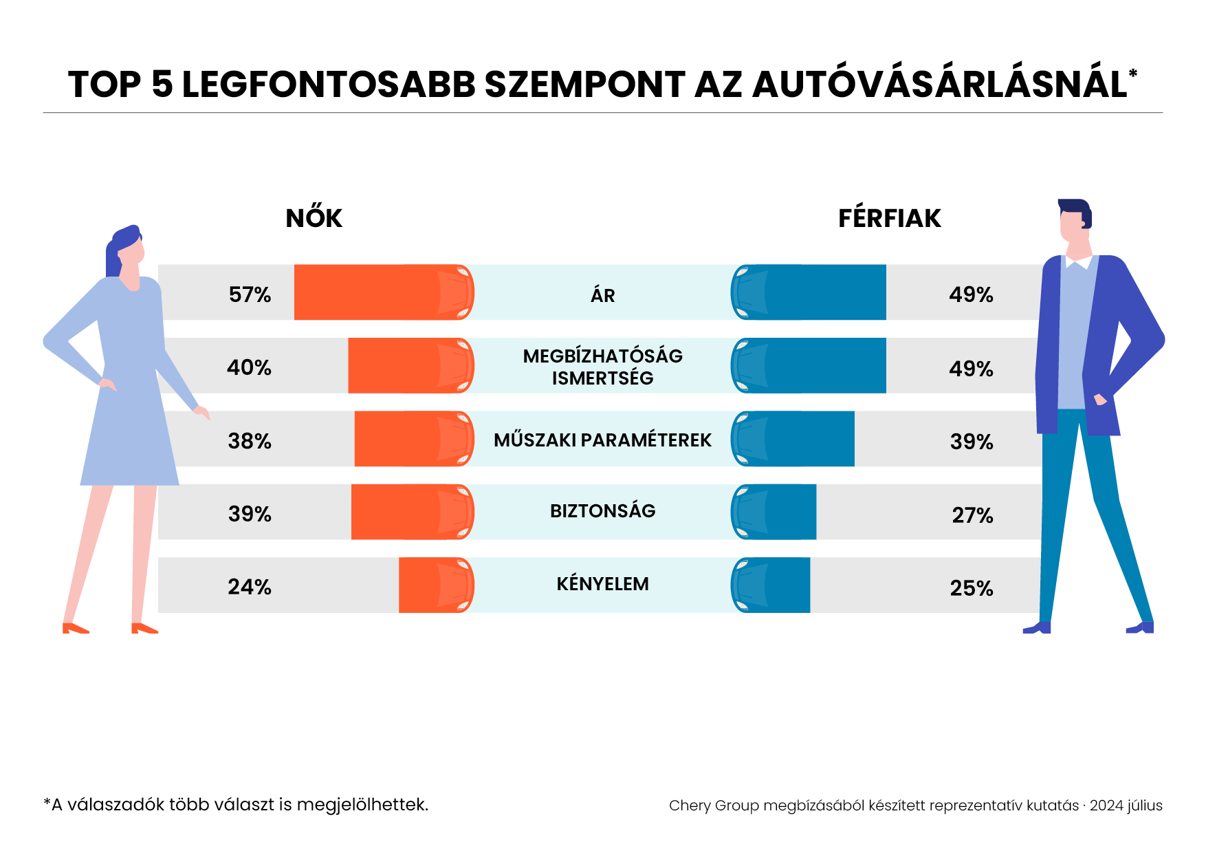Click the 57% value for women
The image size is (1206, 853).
tap(250, 294)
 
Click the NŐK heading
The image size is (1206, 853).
tap(314, 218)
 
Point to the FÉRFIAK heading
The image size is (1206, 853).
tap(889, 218)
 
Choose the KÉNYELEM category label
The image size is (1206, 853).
tap(602, 584)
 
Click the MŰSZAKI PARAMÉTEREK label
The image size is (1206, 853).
tap(602, 440)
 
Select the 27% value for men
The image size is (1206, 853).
tap(972, 515)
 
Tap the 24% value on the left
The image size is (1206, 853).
tap(250, 587)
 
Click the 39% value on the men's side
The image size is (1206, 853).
tap(972, 442)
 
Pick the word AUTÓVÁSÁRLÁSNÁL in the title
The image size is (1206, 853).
tap(939, 85)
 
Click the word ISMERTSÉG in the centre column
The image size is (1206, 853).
tap(602, 378)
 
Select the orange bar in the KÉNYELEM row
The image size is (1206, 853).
tap(435, 585)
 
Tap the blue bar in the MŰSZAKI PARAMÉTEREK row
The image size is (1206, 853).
tap(793, 439)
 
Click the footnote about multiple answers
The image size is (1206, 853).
tap(236, 804)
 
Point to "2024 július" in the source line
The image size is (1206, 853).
tap(1126, 806)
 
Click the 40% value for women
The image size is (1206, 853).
tap(249, 367)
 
